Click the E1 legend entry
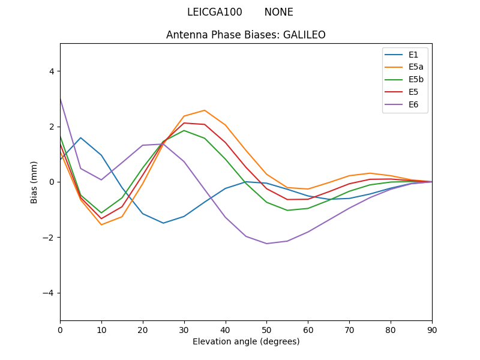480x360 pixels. [413, 55]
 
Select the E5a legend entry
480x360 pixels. [416, 67]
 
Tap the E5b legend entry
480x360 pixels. [416, 80]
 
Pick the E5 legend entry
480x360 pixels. [413, 92]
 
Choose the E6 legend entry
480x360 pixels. [413, 105]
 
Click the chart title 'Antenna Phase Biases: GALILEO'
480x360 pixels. [246, 35]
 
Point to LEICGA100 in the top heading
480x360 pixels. [215, 13]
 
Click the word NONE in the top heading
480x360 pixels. [279, 13]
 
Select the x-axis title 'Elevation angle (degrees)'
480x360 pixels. [246, 341]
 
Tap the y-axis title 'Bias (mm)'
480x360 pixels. [34, 182]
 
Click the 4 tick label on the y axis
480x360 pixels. [52, 71]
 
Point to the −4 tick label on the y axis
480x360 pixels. [49, 293]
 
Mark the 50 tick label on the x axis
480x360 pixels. [266, 329]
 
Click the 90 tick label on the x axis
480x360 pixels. [432, 329]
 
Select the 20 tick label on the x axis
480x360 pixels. [143, 329]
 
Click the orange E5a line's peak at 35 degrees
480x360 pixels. [205, 110]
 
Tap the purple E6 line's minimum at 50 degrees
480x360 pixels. [266, 244]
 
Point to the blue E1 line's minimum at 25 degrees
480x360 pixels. [163, 223]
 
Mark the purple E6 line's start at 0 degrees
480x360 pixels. [60, 98]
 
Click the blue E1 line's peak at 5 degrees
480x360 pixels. [80, 138]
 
